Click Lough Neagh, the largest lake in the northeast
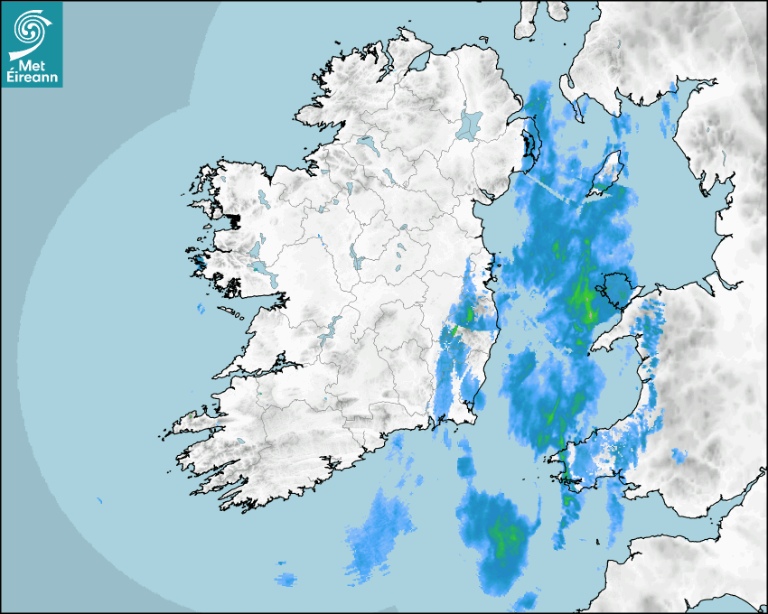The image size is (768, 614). tap(470, 124)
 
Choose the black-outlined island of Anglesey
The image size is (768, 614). tap(618, 290)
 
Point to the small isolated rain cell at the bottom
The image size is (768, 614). tap(286, 578)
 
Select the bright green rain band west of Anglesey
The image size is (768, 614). tap(582, 298)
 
